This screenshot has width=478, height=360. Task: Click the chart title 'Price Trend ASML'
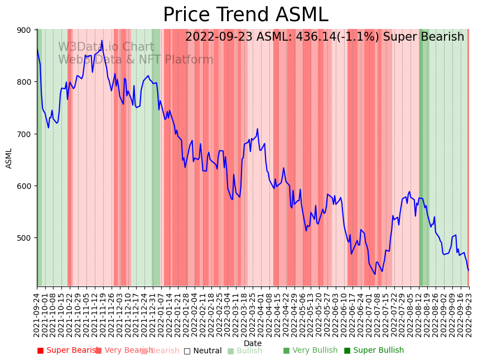point(245,15)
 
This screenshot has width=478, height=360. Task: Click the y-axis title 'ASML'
point(9,158)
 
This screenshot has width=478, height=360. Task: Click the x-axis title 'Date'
point(253,344)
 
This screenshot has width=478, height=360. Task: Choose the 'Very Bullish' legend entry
point(310,351)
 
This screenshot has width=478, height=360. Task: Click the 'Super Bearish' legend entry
point(67,351)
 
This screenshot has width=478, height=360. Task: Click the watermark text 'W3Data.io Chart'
point(106,47)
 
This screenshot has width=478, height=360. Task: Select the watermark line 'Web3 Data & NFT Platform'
point(136,60)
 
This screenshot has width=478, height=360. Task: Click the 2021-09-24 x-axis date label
point(37,315)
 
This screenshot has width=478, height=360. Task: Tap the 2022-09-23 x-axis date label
point(469,315)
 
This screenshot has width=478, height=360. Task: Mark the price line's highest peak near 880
point(102,41)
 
